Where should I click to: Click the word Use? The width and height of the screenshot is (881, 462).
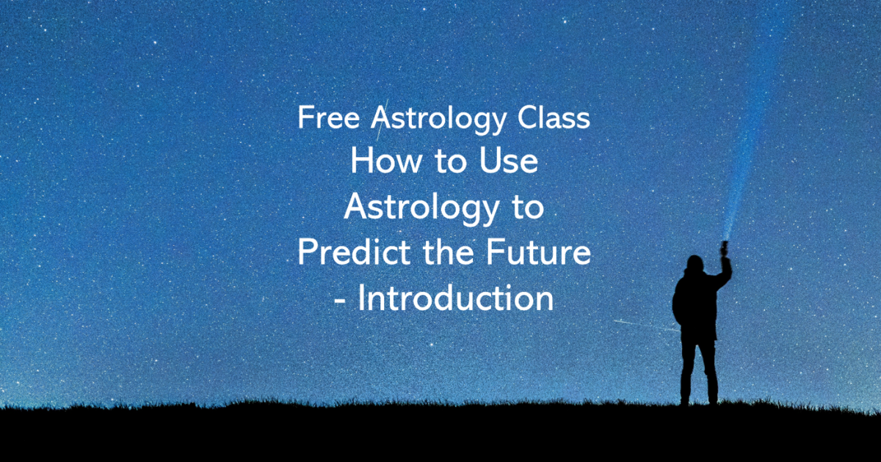click(x=512, y=163)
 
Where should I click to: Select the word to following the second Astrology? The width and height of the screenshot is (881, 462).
click(x=527, y=208)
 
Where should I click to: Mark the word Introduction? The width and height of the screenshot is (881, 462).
click(x=456, y=299)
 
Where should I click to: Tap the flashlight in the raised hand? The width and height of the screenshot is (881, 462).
click(x=725, y=248)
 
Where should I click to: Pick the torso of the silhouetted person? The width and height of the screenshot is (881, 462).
click(x=695, y=304)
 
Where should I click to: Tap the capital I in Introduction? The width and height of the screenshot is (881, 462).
click(x=361, y=299)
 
